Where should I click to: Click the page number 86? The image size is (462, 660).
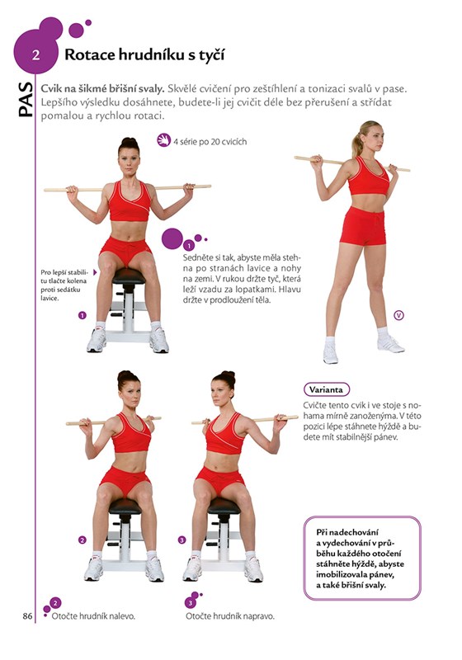(27, 615)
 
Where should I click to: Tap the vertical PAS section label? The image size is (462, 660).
(26, 99)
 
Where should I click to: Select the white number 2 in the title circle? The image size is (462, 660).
(35, 55)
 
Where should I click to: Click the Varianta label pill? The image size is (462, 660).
(326, 389)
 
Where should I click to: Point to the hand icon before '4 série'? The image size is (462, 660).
(163, 140)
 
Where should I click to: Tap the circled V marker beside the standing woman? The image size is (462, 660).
(398, 315)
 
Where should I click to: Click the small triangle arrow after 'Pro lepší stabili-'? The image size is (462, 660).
(95, 272)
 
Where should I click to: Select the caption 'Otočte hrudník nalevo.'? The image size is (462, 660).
(93, 616)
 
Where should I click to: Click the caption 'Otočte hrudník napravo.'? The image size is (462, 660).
(229, 616)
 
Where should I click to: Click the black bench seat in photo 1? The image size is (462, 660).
(129, 276)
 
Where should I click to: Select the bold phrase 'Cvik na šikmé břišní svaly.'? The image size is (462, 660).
(102, 89)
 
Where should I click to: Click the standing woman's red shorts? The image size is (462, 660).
(363, 225)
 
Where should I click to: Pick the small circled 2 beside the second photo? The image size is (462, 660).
(82, 540)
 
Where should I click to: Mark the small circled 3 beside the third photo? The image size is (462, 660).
(181, 540)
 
